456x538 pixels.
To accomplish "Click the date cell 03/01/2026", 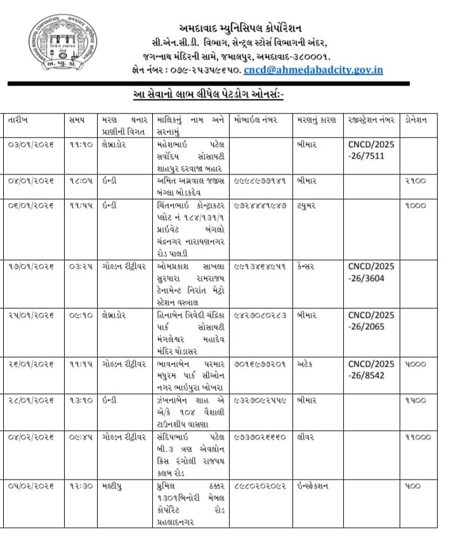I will pyautogui.click(x=30, y=145).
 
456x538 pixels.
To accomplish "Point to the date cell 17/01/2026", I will pyautogui.click(x=30, y=267).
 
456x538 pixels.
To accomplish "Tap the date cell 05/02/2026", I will pyautogui.click(x=30, y=485).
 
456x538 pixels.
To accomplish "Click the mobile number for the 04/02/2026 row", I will pyautogui.click(x=260, y=437).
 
